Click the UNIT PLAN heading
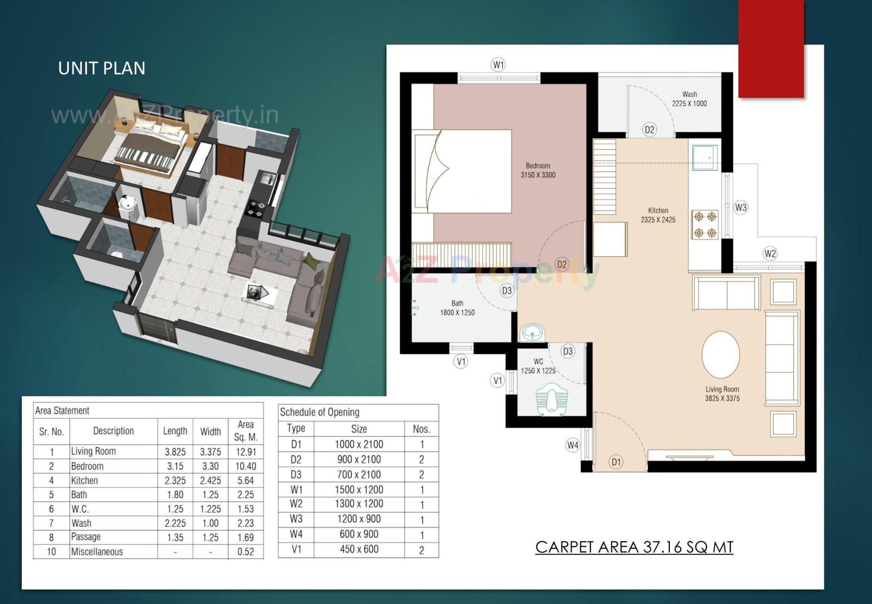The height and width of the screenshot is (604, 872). (102, 69)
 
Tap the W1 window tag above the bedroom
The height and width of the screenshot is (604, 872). (499, 64)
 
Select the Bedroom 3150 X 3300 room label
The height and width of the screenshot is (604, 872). (538, 170)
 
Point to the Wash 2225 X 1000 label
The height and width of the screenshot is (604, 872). (689, 99)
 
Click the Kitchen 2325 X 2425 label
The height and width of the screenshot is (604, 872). (658, 215)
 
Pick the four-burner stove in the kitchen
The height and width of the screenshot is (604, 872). (705, 224)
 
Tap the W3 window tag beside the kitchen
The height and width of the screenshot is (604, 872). (741, 208)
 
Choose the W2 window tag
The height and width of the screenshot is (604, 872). (770, 253)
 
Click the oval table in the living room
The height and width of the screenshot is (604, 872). (721, 355)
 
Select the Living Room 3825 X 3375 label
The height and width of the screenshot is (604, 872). (722, 394)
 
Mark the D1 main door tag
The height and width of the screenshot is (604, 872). (616, 462)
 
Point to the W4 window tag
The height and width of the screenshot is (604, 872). (573, 445)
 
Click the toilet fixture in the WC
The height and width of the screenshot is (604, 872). (551, 400)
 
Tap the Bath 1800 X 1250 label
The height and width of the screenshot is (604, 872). (457, 308)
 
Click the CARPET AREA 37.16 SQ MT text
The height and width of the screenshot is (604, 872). (634, 547)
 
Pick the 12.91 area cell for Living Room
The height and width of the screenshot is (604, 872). (246, 452)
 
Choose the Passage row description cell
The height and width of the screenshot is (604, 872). (86, 537)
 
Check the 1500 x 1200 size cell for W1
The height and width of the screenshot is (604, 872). (359, 490)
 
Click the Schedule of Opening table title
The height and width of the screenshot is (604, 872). (319, 412)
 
